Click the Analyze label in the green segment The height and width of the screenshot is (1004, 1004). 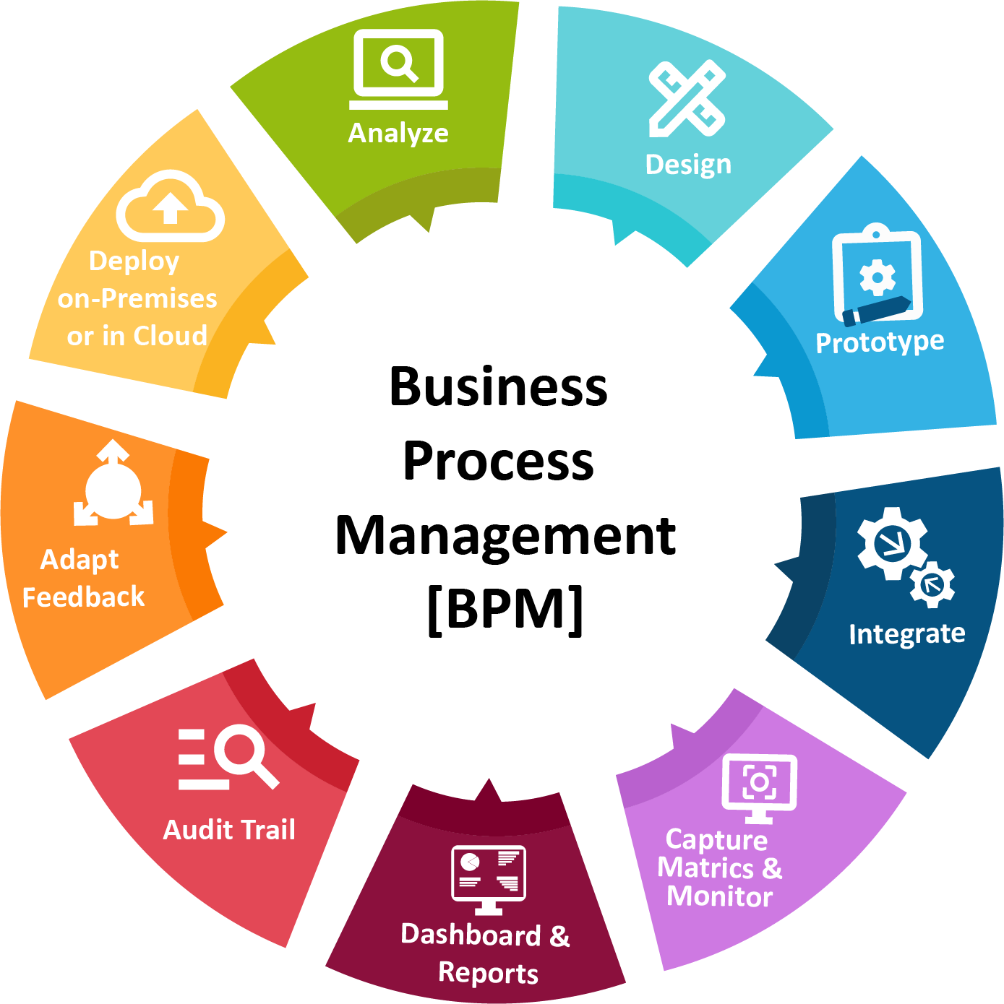(398, 133)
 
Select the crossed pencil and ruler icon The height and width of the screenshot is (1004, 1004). (687, 98)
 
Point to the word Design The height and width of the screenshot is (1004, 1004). (688, 165)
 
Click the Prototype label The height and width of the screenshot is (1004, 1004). (880, 342)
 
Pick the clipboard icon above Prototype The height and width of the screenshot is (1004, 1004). (877, 274)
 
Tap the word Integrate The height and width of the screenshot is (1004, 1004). (906, 633)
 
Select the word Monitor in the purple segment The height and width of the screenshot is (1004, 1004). (719, 896)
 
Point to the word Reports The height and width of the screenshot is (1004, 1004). (488, 973)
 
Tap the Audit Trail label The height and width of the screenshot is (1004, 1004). (229, 830)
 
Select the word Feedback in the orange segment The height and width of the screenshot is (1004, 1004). (83, 597)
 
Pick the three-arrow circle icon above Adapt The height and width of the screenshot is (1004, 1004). (113, 485)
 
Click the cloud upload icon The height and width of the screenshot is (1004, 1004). (171, 207)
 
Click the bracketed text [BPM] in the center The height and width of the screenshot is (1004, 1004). (505, 609)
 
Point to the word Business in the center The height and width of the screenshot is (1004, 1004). (498, 386)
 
